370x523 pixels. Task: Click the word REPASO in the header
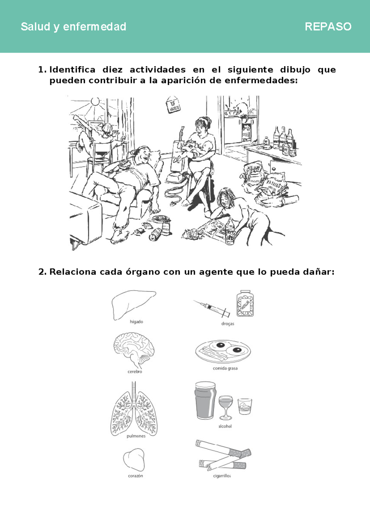[x=328, y=27]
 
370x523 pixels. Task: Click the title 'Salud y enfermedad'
[x=73, y=27]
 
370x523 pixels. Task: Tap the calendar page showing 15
[x=173, y=105]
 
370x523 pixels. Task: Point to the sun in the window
[x=95, y=101]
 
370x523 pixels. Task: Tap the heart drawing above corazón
[x=134, y=459]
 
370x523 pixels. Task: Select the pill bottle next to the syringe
[x=245, y=304]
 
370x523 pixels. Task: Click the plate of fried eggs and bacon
[x=223, y=351]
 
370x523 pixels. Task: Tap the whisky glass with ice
[x=245, y=406]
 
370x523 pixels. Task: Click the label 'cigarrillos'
[x=222, y=476]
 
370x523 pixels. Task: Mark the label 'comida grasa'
[x=225, y=368]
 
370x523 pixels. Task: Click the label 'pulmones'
[x=136, y=436]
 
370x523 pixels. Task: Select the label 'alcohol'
[x=225, y=426]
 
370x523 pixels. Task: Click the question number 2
[x=42, y=272]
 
